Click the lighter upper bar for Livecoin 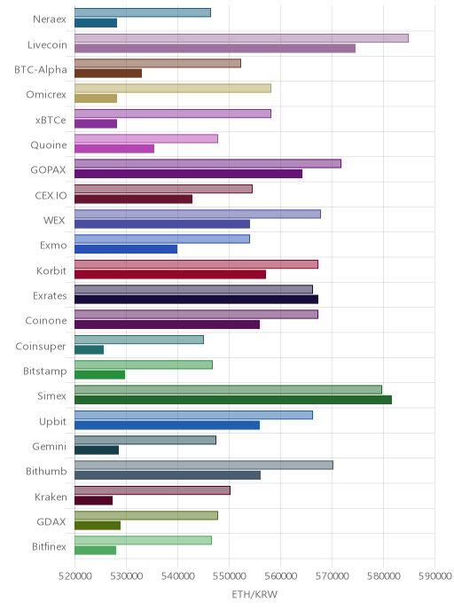point(241,38)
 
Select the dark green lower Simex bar point(233,400)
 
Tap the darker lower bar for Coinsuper point(89,349)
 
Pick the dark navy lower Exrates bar point(197,300)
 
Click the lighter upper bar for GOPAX point(207,164)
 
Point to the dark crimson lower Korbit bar point(170,275)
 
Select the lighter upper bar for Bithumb point(204,465)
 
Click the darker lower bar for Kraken point(93,500)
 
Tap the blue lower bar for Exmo point(126,249)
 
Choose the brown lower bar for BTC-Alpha point(108,74)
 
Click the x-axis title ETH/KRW point(254,594)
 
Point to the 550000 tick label point(229,576)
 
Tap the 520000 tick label point(75,576)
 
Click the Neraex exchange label point(50,20)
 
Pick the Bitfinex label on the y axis point(49,546)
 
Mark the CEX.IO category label point(51,195)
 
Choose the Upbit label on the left point(52,422)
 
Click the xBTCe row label point(51,121)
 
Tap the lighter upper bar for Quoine point(146,138)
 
